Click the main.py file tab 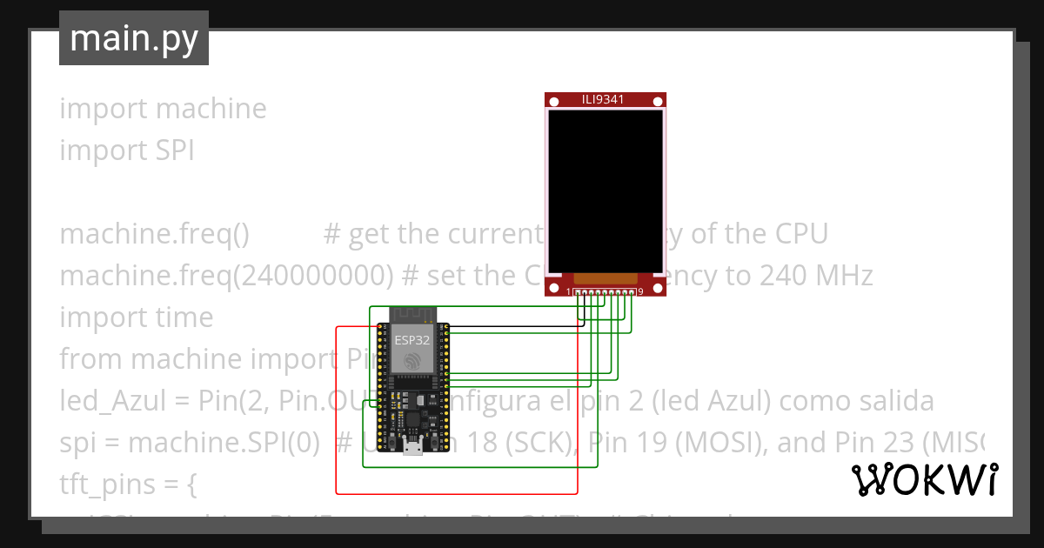click(133, 38)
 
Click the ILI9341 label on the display click(603, 100)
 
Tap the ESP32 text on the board click(412, 339)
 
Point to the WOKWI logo click(924, 479)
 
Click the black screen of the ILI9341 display click(605, 190)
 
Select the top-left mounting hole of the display click(553, 103)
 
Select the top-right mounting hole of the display click(659, 103)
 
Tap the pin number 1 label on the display click(569, 292)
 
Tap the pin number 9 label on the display click(640, 292)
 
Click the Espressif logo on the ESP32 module click(412, 362)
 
